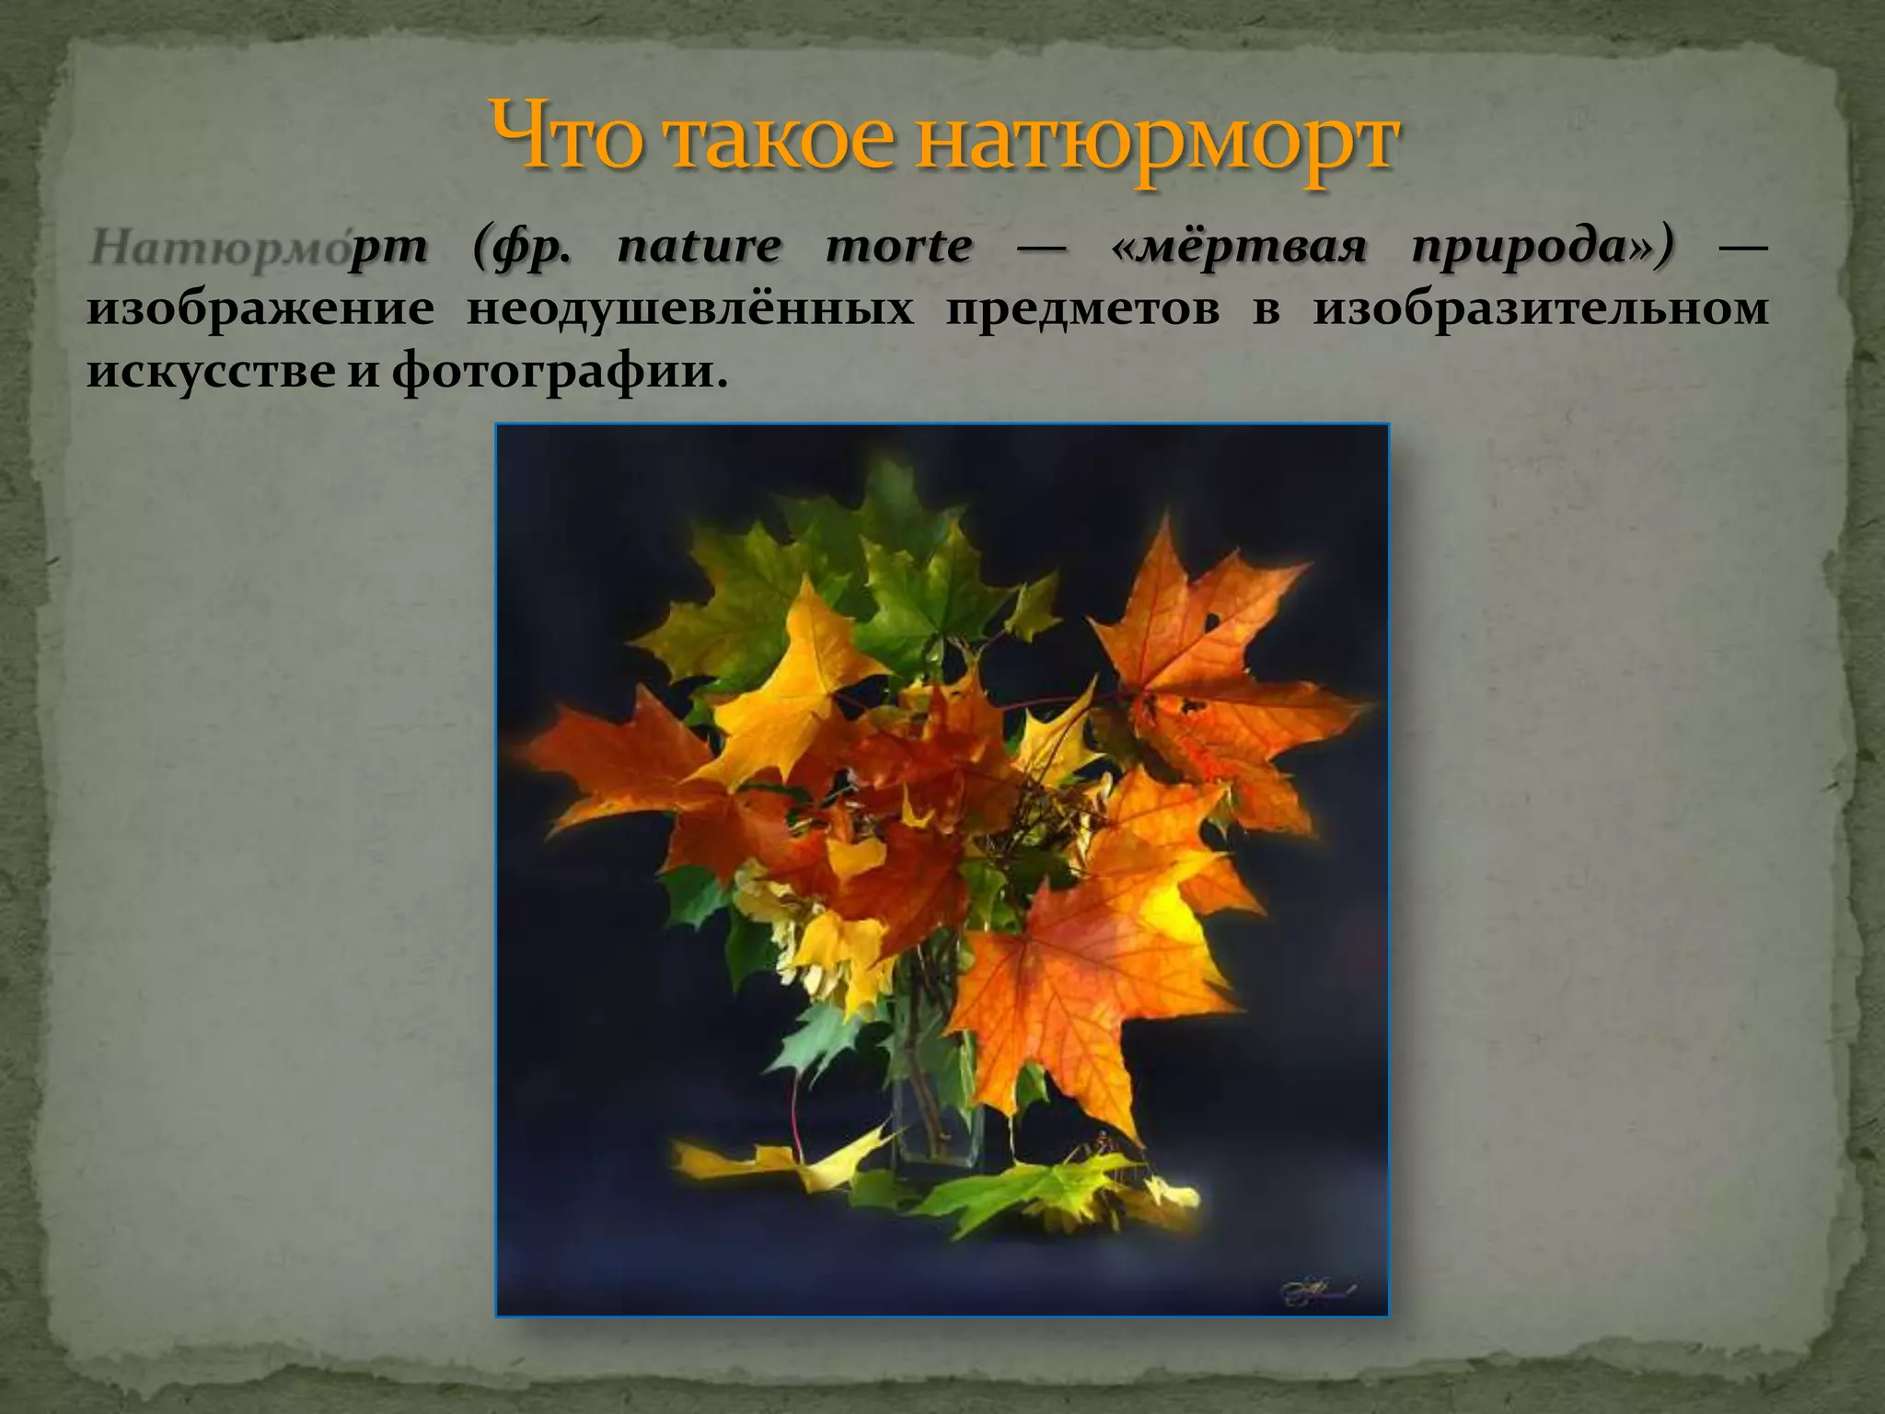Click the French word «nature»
[x=699, y=247]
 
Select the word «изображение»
[x=260, y=310]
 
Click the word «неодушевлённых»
[x=690, y=308]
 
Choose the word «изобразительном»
[x=1537, y=310]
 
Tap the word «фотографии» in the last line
[x=551, y=372]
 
